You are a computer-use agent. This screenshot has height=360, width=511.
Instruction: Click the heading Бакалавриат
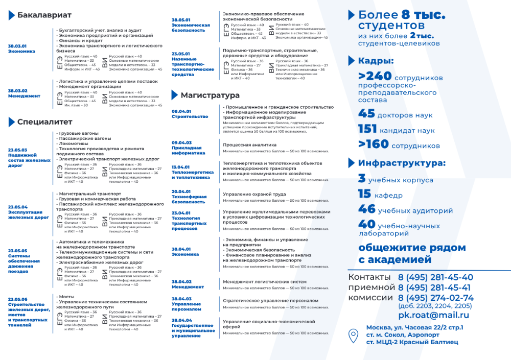point(44,15)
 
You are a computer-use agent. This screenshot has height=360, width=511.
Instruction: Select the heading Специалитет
point(44,122)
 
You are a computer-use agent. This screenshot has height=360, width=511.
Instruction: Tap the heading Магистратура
point(210,95)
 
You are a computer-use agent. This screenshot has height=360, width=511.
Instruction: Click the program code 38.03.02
point(17,90)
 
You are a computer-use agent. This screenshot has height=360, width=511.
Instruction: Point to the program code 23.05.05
point(17,251)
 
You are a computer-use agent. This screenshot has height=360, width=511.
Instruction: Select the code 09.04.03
point(181,142)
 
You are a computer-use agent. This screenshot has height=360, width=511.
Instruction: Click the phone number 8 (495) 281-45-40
point(435,278)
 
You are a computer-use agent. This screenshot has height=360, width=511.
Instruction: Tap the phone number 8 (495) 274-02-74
point(435,298)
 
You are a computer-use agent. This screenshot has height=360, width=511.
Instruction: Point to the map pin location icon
point(353,335)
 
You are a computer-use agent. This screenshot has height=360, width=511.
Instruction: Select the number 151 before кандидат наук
point(367,129)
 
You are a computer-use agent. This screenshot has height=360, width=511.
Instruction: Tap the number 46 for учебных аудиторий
point(367,209)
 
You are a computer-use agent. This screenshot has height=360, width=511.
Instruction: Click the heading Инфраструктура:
point(402,163)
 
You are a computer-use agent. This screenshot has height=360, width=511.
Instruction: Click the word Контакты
point(369,277)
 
